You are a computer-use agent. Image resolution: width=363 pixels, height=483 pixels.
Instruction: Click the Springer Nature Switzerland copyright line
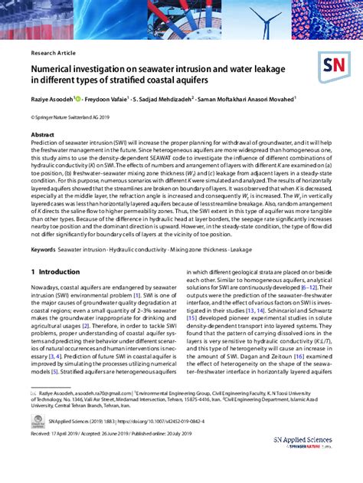coord(73,118)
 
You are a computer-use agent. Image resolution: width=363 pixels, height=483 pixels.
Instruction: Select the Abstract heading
coord(42,135)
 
